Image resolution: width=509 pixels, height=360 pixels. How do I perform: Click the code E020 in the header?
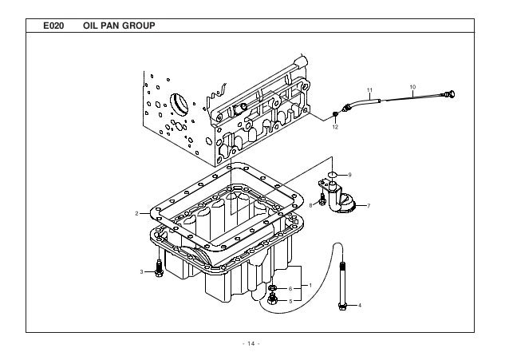click(x=53, y=26)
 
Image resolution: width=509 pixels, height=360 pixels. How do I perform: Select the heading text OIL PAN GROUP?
click(x=118, y=26)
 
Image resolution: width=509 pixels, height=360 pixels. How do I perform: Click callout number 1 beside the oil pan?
click(x=310, y=285)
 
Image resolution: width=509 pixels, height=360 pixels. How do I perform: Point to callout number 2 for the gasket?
click(x=137, y=213)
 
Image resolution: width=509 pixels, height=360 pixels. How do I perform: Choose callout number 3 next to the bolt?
click(x=142, y=272)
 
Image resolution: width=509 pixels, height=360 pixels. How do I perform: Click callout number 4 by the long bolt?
click(x=359, y=305)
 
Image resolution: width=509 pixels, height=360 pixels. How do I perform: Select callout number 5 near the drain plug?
click(x=290, y=300)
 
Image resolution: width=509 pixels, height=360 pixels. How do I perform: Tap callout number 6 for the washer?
click(x=290, y=288)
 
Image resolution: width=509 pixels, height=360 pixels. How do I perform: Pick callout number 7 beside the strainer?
click(x=368, y=206)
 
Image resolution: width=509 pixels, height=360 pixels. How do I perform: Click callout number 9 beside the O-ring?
click(x=349, y=174)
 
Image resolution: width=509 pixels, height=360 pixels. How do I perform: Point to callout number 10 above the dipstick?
click(x=412, y=85)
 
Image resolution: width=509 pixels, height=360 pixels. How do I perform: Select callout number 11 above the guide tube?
click(x=369, y=89)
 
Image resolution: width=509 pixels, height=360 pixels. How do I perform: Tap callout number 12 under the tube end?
click(x=335, y=127)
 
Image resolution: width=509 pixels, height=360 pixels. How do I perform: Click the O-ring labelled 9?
click(x=334, y=174)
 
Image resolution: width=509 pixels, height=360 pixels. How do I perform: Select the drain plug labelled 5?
click(x=273, y=300)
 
